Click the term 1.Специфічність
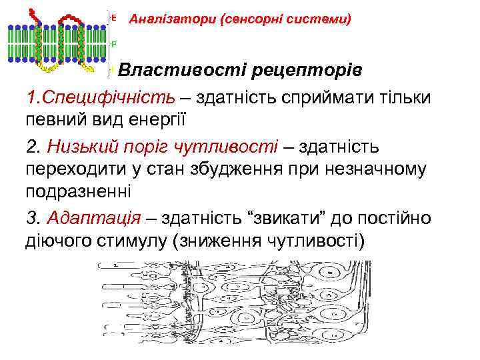101,97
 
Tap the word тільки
403,97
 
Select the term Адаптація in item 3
93,217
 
